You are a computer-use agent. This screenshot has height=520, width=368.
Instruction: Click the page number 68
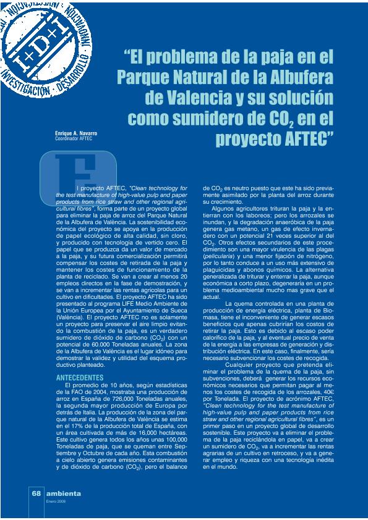(x=36, y=494)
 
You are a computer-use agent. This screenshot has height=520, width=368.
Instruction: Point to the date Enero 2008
(x=56, y=501)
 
